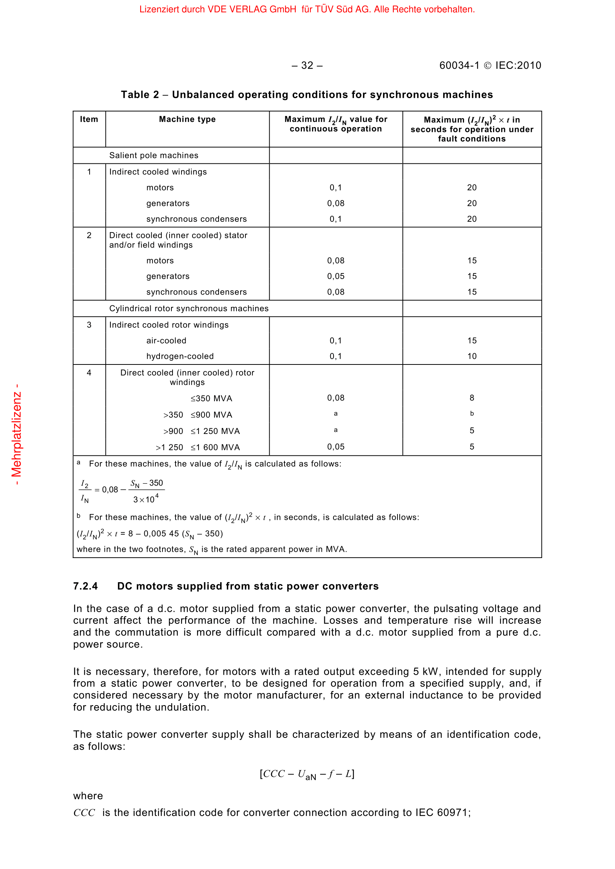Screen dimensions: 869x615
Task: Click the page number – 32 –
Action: tap(307, 65)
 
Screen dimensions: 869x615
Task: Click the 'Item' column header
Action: tap(89, 119)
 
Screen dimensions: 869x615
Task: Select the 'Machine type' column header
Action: tap(187, 119)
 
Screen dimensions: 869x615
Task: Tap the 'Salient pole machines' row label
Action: tap(154, 155)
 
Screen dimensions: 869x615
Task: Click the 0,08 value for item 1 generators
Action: tap(335, 203)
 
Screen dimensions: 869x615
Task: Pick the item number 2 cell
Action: tap(89, 236)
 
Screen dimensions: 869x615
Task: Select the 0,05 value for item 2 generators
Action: tap(335, 276)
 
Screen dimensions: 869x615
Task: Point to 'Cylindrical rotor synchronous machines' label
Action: tap(189, 308)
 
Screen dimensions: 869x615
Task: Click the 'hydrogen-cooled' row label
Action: tap(180, 356)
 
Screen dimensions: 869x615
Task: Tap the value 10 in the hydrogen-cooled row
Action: tap(472, 356)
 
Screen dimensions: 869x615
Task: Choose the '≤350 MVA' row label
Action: tap(211, 399)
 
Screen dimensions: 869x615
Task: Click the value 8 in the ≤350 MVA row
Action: tap(472, 398)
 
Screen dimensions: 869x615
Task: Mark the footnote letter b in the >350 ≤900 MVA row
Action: tap(472, 414)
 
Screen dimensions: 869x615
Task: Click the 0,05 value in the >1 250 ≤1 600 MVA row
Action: tap(335, 447)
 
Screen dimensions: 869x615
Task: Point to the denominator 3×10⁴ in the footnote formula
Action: tap(146, 499)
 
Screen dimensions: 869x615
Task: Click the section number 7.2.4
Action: tap(86, 586)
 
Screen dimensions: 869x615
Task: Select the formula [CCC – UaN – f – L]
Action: tap(307, 774)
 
